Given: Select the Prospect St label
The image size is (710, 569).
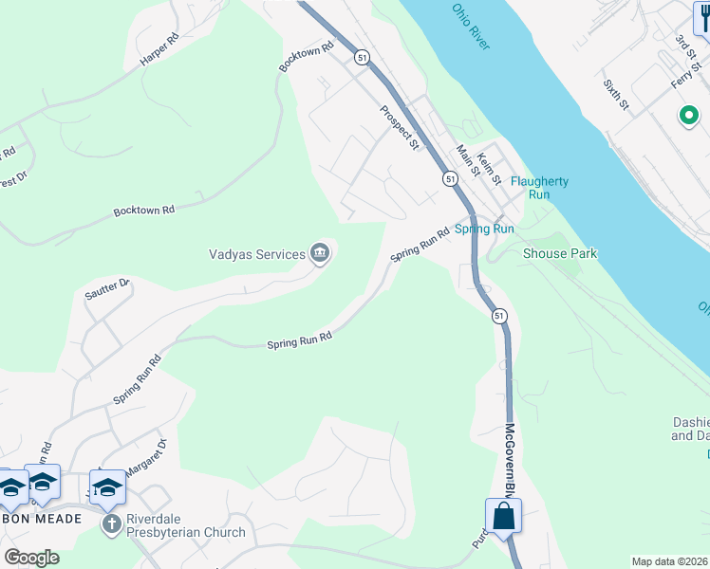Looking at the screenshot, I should pos(401,127).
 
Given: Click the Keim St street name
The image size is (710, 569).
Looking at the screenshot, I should pos(490,169).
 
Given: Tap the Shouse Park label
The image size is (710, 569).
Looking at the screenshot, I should pos(560,253).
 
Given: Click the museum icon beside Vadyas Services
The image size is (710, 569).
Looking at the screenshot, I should pos(320,253).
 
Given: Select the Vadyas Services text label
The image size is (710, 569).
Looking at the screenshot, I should pos(256,254).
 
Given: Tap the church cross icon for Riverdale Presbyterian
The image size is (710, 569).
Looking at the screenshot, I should pos(112,523).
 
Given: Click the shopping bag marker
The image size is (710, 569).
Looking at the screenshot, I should pos(503,517).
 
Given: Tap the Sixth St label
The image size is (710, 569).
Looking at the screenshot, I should pos(616,93).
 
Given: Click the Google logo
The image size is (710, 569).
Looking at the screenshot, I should pos(31,558).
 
